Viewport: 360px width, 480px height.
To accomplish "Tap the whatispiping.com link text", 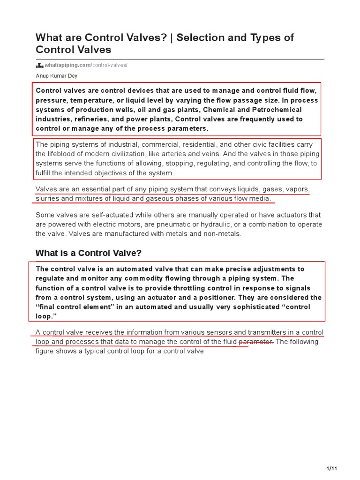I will [x=67, y=65].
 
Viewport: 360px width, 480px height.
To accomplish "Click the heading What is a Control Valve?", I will [x=89, y=253].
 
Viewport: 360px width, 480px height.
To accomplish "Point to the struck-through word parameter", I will [x=256, y=341].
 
